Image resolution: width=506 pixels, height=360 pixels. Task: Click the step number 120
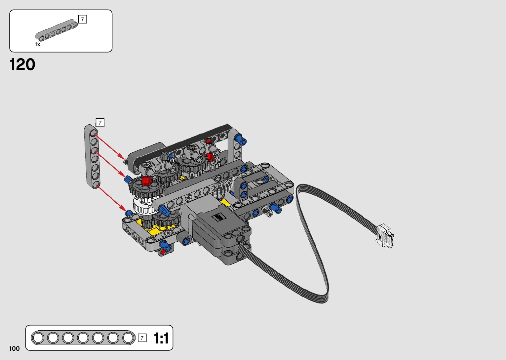point(22,65)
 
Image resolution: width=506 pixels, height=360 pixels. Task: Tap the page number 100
point(15,348)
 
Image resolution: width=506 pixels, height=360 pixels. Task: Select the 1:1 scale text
point(161,338)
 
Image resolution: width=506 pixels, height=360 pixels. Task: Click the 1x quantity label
point(37,44)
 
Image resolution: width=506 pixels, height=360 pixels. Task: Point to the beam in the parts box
point(57,30)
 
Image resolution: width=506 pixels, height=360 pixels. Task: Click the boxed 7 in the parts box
point(82,19)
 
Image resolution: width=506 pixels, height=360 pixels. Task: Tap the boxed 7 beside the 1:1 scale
point(142,338)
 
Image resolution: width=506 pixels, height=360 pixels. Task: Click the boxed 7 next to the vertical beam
point(100,123)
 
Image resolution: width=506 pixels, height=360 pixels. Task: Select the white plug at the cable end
point(385,236)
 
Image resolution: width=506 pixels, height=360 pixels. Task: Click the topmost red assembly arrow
point(109,146)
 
